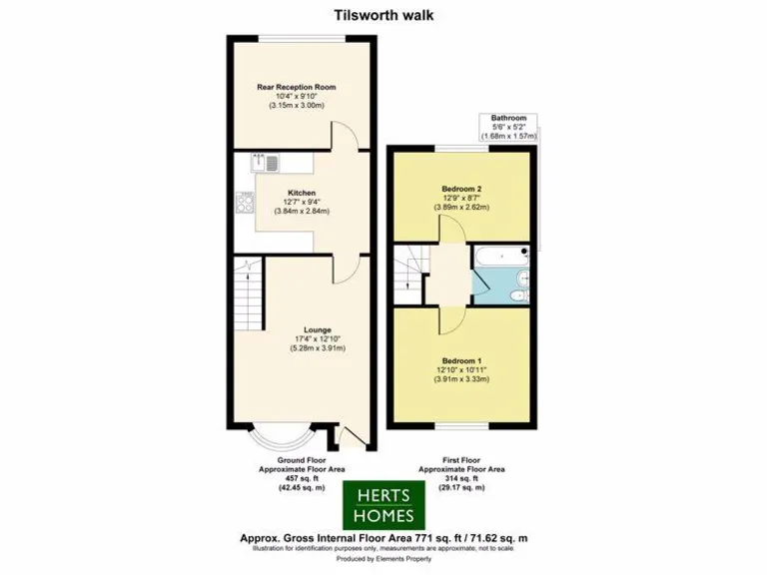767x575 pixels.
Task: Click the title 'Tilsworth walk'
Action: coord(383,15)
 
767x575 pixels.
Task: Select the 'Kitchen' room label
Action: coord(302,192)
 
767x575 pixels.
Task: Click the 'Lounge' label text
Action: coord(318,329)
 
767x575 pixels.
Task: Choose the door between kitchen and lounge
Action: coord(346,266)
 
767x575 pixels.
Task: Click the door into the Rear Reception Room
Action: coord(344,137)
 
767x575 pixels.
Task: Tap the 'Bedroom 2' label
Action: coord(461,187)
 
